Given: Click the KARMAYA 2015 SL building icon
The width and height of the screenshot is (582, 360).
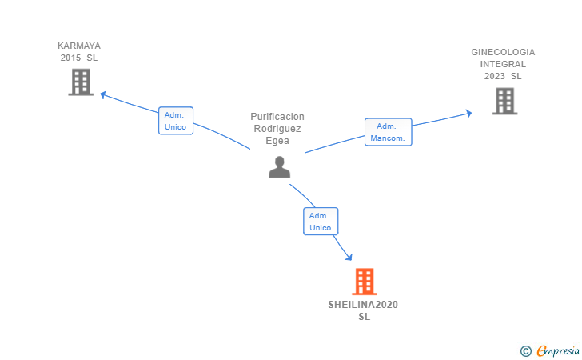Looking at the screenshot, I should pyautogui.click(x=81, y=82).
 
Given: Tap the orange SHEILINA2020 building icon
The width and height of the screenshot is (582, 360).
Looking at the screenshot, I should pyautogui.click(x=364, y=282).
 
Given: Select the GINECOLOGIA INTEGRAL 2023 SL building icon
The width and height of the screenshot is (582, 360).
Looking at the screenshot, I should pyautogui.click(x=504, y=101).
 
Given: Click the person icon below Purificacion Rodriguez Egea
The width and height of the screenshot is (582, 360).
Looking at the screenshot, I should pyautogui.click(x=279, y=166).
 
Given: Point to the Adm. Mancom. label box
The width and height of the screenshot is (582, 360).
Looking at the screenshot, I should pyautogui.click(x=388, y=132).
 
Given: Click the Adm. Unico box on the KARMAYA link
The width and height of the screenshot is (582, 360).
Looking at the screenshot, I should pyautogui.click(x=175, y=121).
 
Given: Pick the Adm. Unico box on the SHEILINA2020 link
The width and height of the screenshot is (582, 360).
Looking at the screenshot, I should pyautogui.click(x=320, y=222).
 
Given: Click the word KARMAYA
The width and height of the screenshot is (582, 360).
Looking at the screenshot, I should pyautogui.click(x=79, y=46).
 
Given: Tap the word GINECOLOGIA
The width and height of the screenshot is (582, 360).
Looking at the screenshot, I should pyautogui.click(x=503, y=52).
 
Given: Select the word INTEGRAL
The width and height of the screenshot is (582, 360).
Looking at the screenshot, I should pyautogui.click(x=503, y=64).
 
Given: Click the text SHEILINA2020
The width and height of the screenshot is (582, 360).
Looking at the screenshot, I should pyautogui.click(x=363, y=305).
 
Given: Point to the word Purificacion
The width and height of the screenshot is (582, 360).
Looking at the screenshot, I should pyautogui.click(x=277, y=117).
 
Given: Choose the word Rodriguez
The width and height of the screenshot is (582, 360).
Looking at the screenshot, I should pyautogui.click(x=277, y=129).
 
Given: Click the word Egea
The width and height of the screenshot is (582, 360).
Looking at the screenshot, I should pyautogui.click(x=277, y=141).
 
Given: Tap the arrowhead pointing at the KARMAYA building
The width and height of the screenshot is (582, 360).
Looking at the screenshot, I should pyautogui.click(x=102, y=94).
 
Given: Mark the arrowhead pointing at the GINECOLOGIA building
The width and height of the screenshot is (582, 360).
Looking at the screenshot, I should pyautogui.click(x=468, y=114).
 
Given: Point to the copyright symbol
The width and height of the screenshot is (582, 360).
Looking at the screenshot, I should pyautogui.click(x=525, y=350).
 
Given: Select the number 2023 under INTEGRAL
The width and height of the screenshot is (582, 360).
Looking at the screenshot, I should pyautogui.click(x=494, y=76).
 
